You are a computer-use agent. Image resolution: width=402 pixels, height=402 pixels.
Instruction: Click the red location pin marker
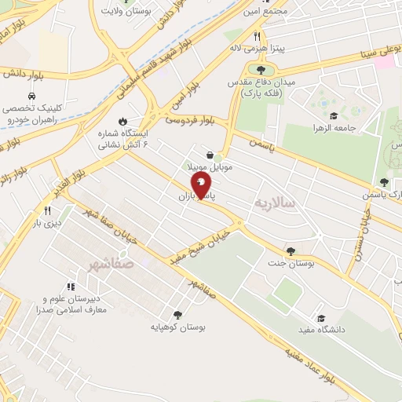pos(201,186)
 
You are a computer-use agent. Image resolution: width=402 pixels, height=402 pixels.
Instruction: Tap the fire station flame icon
pos(122,121)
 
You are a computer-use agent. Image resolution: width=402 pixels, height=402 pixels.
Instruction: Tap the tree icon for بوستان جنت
pos(291,251)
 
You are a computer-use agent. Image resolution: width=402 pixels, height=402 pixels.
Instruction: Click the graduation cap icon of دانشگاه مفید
pos(320,318)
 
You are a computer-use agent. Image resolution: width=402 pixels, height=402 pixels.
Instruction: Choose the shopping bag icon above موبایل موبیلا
pos(210,155)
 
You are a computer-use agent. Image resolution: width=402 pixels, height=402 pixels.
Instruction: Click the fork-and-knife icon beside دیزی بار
pos(47,210)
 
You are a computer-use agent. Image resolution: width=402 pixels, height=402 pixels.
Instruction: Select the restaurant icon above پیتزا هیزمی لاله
pos(257,37)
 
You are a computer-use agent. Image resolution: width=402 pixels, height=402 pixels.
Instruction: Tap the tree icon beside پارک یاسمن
pos(383,182)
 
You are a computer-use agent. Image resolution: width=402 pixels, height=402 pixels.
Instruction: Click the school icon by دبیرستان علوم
pos(71,287)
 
